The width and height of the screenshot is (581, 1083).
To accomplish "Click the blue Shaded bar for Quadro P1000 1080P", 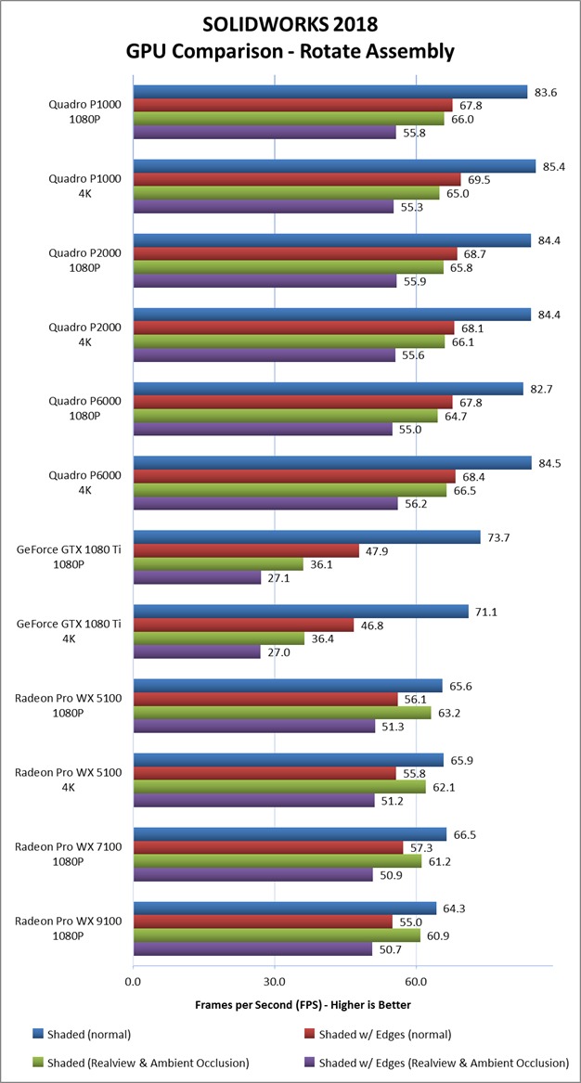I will click(x=330, y=92).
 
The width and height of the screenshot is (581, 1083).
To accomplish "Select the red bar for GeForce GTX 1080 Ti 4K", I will click(x=244, y=625).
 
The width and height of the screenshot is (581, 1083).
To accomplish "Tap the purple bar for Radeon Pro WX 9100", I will click(x=252, y=950).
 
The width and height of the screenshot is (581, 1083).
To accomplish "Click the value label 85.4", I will click(x=554, y=166).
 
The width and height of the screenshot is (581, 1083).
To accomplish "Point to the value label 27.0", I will click(x=278, y=653).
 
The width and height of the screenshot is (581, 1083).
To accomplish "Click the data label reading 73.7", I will click(x=498, y=537).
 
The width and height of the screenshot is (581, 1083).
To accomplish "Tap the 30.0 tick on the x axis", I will click(x=275, y=981).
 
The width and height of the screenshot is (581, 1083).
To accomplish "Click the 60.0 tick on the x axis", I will click(x=416, y=981).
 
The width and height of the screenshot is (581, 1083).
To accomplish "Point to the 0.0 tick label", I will click(x=133, y=981).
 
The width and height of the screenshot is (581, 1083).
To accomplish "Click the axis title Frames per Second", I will click(x=303, y=1005).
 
